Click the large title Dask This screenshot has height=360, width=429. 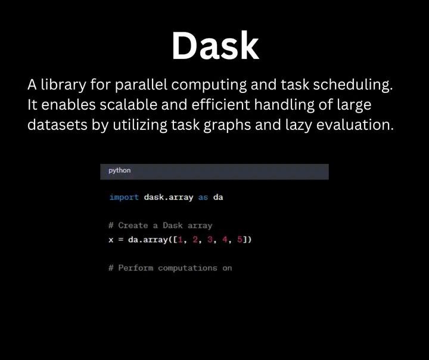(215, 45)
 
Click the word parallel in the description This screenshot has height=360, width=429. (141, 85)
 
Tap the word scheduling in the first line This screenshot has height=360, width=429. (353, 85)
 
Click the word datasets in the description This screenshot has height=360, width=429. (57, 125)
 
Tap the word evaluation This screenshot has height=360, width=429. (355, 125)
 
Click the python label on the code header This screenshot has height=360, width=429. (120, 170)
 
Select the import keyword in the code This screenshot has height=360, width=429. (124, 197)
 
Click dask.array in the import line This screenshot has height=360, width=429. (169, 197)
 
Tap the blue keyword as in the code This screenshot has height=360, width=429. (203, 197)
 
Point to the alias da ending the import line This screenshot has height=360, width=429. (218, 197)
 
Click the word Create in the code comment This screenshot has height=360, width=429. (133, 225)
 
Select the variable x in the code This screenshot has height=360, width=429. (111, 240)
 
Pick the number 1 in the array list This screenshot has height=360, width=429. (180, 240)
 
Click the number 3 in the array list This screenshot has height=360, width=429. (210, 240)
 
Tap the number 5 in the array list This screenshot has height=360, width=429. (240, 240)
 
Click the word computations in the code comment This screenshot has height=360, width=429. (188, 268)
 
